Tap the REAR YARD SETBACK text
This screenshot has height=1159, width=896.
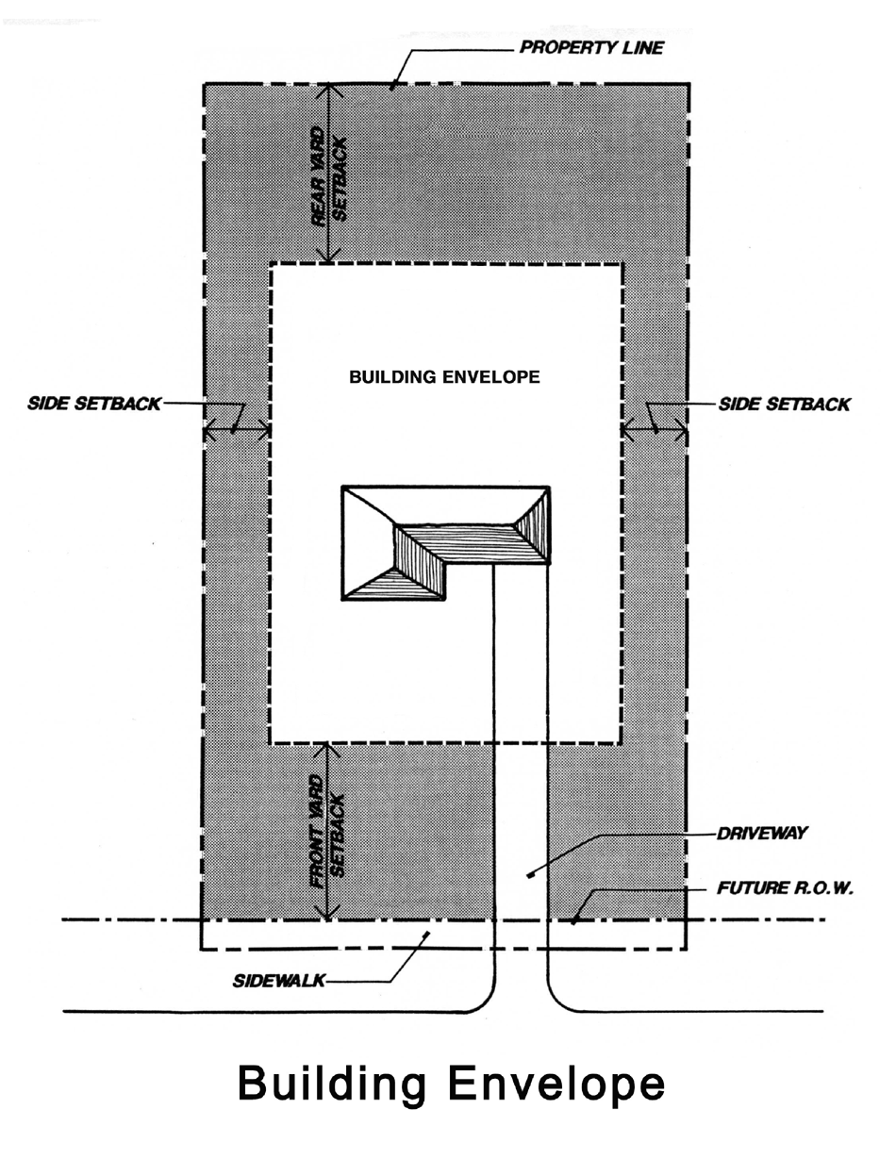click(331, 176)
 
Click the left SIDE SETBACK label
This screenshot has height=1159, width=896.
click(94, 405)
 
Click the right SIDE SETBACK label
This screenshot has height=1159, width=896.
click(784, 405)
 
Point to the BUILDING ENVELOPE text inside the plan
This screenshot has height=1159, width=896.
click(444, 377)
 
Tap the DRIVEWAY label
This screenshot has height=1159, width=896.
click(750, 834)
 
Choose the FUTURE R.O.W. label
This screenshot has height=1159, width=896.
click(785, 887)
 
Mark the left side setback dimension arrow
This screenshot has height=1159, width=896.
click(238, 432)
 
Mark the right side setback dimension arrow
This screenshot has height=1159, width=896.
click(655, 432)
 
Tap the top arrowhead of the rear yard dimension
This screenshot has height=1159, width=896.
click(327, 90)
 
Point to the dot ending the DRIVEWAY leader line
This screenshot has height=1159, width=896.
click(530, 875)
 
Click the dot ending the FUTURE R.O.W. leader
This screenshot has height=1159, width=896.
click(573, 920)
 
